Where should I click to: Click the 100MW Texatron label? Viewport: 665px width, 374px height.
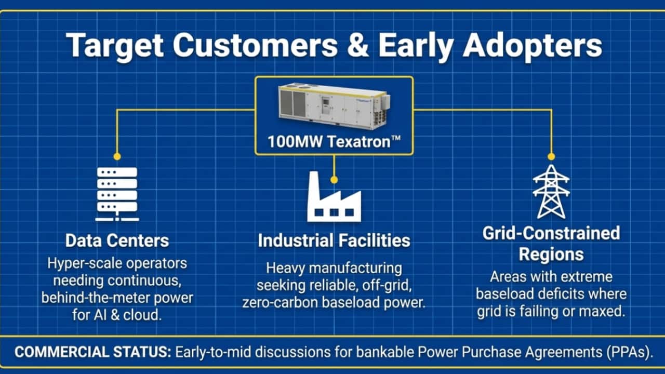334,142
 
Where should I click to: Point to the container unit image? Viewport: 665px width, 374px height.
334,105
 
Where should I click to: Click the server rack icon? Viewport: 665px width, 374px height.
117,194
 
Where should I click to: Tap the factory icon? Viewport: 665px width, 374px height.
334,196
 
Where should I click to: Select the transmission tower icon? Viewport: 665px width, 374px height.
551,192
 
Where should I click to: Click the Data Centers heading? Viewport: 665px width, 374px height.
117,241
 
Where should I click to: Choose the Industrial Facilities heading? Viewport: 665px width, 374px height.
334,241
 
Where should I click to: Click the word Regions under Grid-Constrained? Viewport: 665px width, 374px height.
551,255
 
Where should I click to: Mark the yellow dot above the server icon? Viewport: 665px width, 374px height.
117,156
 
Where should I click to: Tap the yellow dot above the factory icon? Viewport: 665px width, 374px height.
334,180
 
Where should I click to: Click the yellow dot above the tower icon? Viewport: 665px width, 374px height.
551,156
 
